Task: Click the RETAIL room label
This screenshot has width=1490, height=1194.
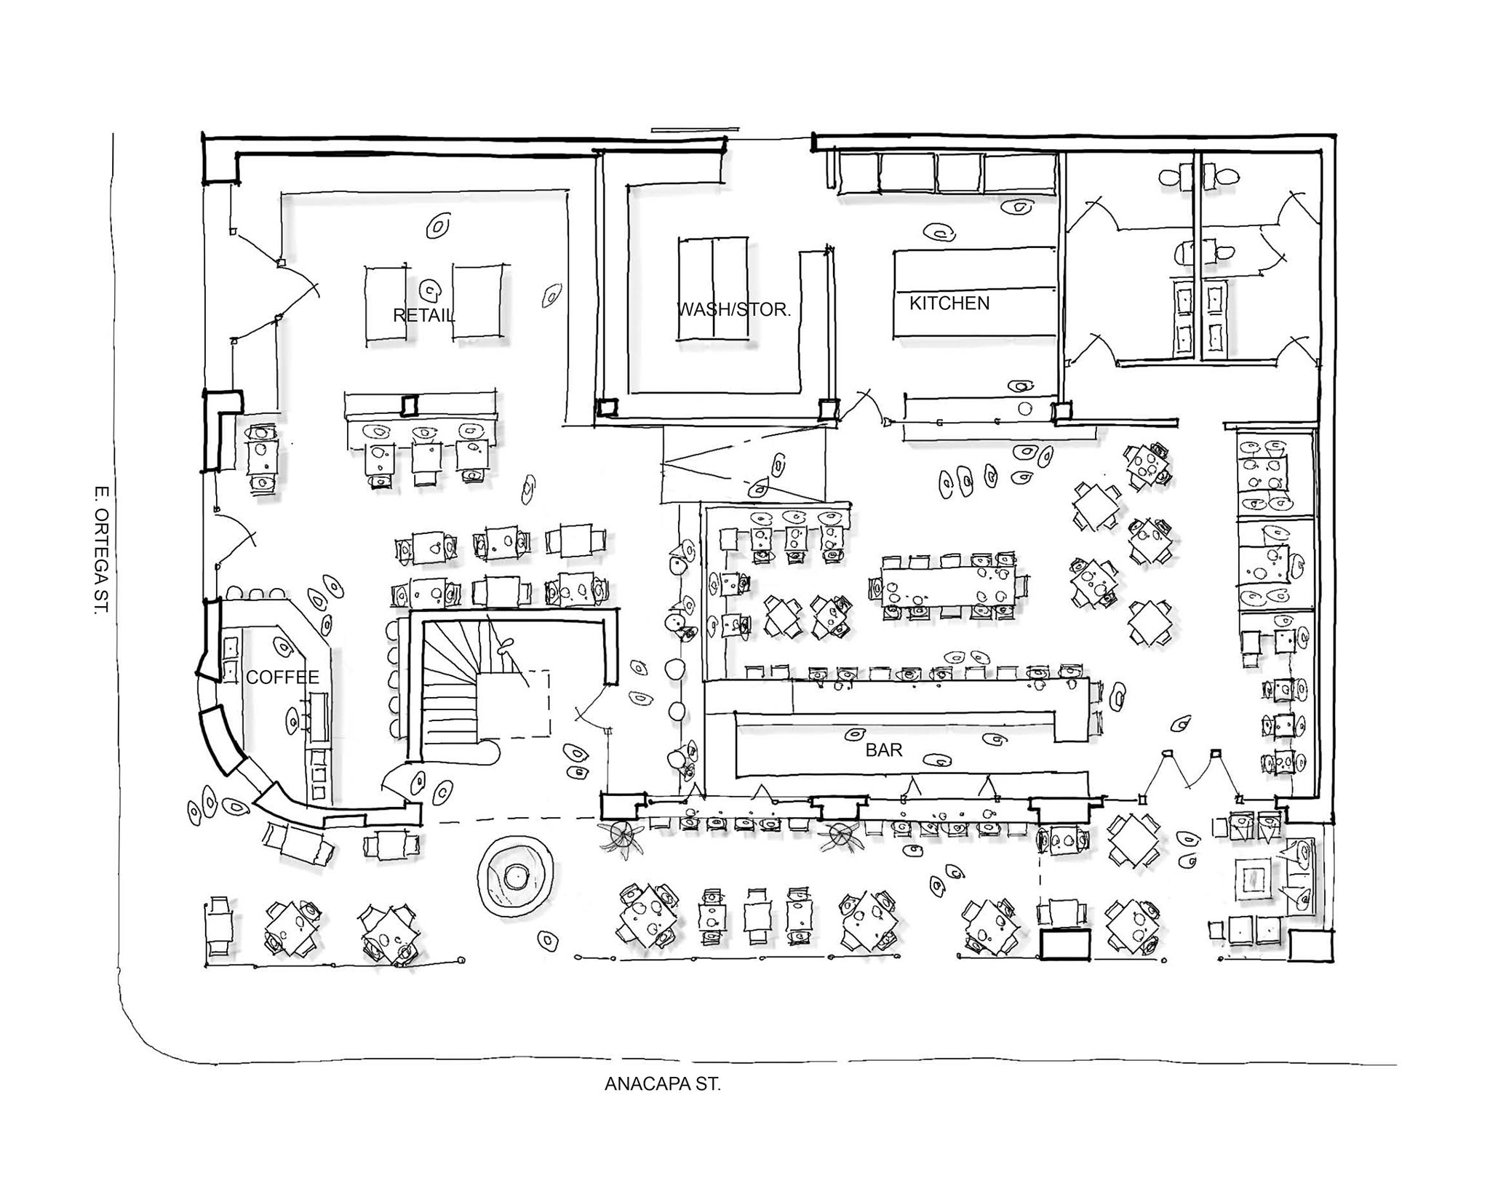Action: (423, 315)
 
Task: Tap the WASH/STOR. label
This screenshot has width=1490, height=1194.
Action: (733, 309)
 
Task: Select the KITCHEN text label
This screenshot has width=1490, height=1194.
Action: (949, 303)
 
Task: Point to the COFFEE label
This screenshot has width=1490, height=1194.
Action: (282, 677)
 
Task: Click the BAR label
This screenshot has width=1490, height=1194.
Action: (884, 750)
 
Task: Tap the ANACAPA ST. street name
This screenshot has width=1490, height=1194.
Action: (662, 1105)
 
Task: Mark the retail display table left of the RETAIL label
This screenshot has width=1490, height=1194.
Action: (386, 302)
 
